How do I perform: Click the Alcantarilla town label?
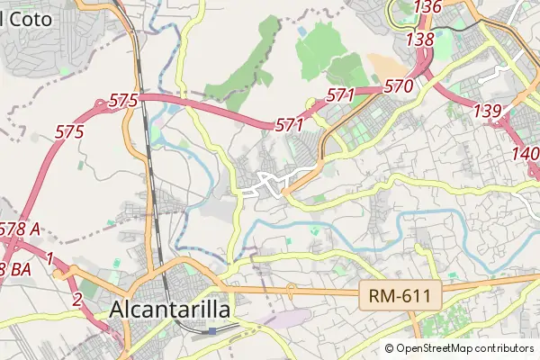pyautogui.click(x=170, y=310)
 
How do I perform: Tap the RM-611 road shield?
pyautogui.click(x=400, y=295)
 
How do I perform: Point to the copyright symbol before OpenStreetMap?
pyautogui.click(x=390, y=348)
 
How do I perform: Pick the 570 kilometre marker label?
pyautogui.click(x=398, y=86)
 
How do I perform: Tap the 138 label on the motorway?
pyautogui.click(x=420, y=40)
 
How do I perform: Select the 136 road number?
pyautogui.click(x=427, y=7)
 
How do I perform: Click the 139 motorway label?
pyautogui.click(x=487, y=110)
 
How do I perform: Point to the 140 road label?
pyautogui.click(x=526, y=153)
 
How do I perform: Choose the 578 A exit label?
pyautogui.click(x=20, y=229)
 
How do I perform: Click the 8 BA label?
pyautogui.click(x=16, y=269)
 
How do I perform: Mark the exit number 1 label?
pyautogui.click(x=51, y=259)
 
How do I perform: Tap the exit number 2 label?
pyautogui.click(x=78, y=299)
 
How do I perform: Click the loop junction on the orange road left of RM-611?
pyautogui.click(x=291, y=290)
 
